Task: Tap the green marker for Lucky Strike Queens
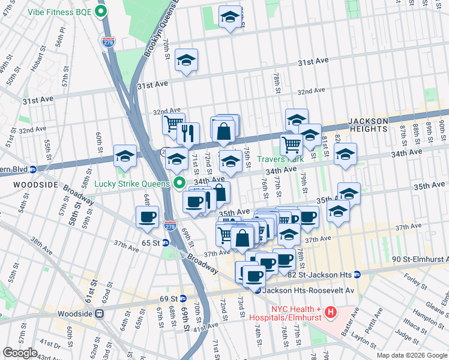pos(178,182)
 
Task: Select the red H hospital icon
pos(330,312)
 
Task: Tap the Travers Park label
pos(281,160)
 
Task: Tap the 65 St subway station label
pos(151,243)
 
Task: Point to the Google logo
pos(20,353)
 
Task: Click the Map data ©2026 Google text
pos(411,355)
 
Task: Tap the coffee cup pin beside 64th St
pos(147,217)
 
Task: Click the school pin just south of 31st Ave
pos(187,60)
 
